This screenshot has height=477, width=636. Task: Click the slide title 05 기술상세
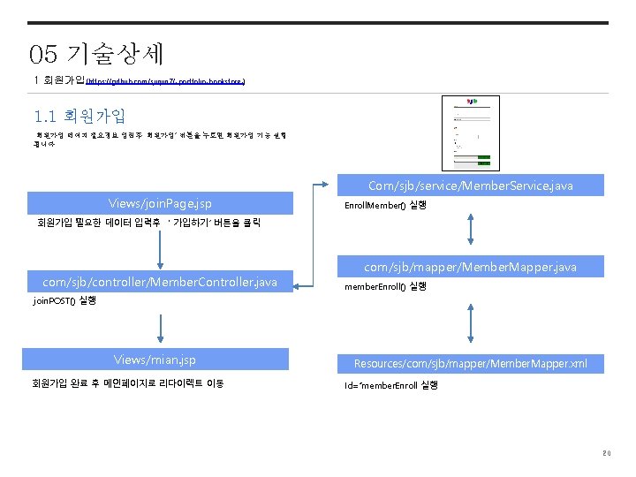coord(96,55)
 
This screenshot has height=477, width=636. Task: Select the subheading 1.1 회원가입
coord(79,116)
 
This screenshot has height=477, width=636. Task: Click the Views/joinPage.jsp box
coord(160,203)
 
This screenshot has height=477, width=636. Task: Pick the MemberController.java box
coord(160,282)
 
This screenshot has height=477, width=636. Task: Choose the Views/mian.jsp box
coord(155,360)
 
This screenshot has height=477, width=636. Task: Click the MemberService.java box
coord(470,185)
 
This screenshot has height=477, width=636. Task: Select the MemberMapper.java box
coord(470,267)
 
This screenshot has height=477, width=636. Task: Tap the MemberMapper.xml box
coord(470,363)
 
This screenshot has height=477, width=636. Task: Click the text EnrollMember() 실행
coord(385,205)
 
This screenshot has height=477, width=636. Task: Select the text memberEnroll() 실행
coord(385,286)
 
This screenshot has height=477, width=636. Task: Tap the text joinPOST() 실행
coord(64,301)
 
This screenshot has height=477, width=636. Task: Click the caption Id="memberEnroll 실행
coord(390,385)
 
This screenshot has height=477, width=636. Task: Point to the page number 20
coord(606,454)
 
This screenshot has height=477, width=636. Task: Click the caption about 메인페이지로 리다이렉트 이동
coord(128,383)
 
